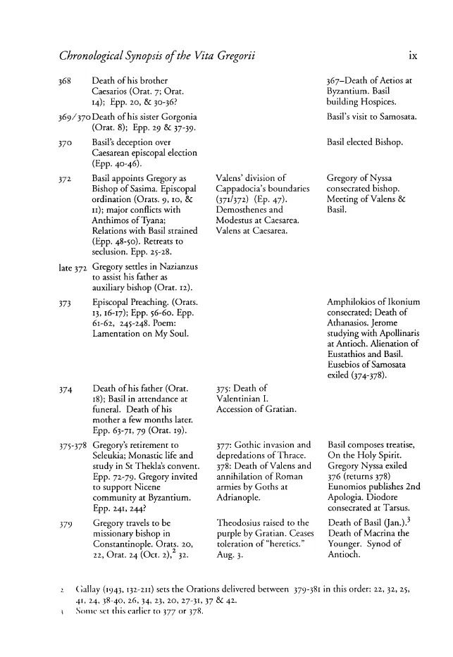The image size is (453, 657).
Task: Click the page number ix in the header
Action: click(413, 50)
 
